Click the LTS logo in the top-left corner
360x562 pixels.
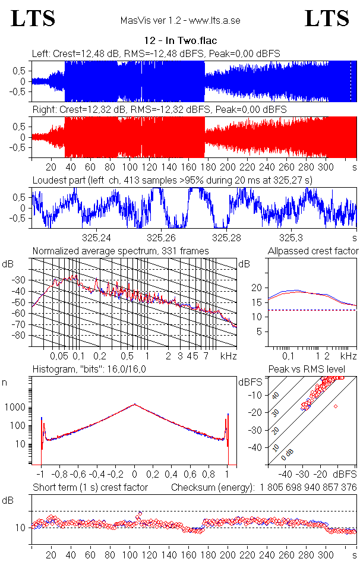33,18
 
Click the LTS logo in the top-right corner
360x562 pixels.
327,18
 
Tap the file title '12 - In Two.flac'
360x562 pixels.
181,41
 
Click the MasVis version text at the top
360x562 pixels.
180,21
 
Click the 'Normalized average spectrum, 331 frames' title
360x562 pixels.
121,251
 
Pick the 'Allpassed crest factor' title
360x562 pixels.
313,251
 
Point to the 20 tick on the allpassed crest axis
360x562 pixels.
257,288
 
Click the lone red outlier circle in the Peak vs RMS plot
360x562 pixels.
336,406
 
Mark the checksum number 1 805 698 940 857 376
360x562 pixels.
308,487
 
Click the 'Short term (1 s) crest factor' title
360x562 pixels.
90,487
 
